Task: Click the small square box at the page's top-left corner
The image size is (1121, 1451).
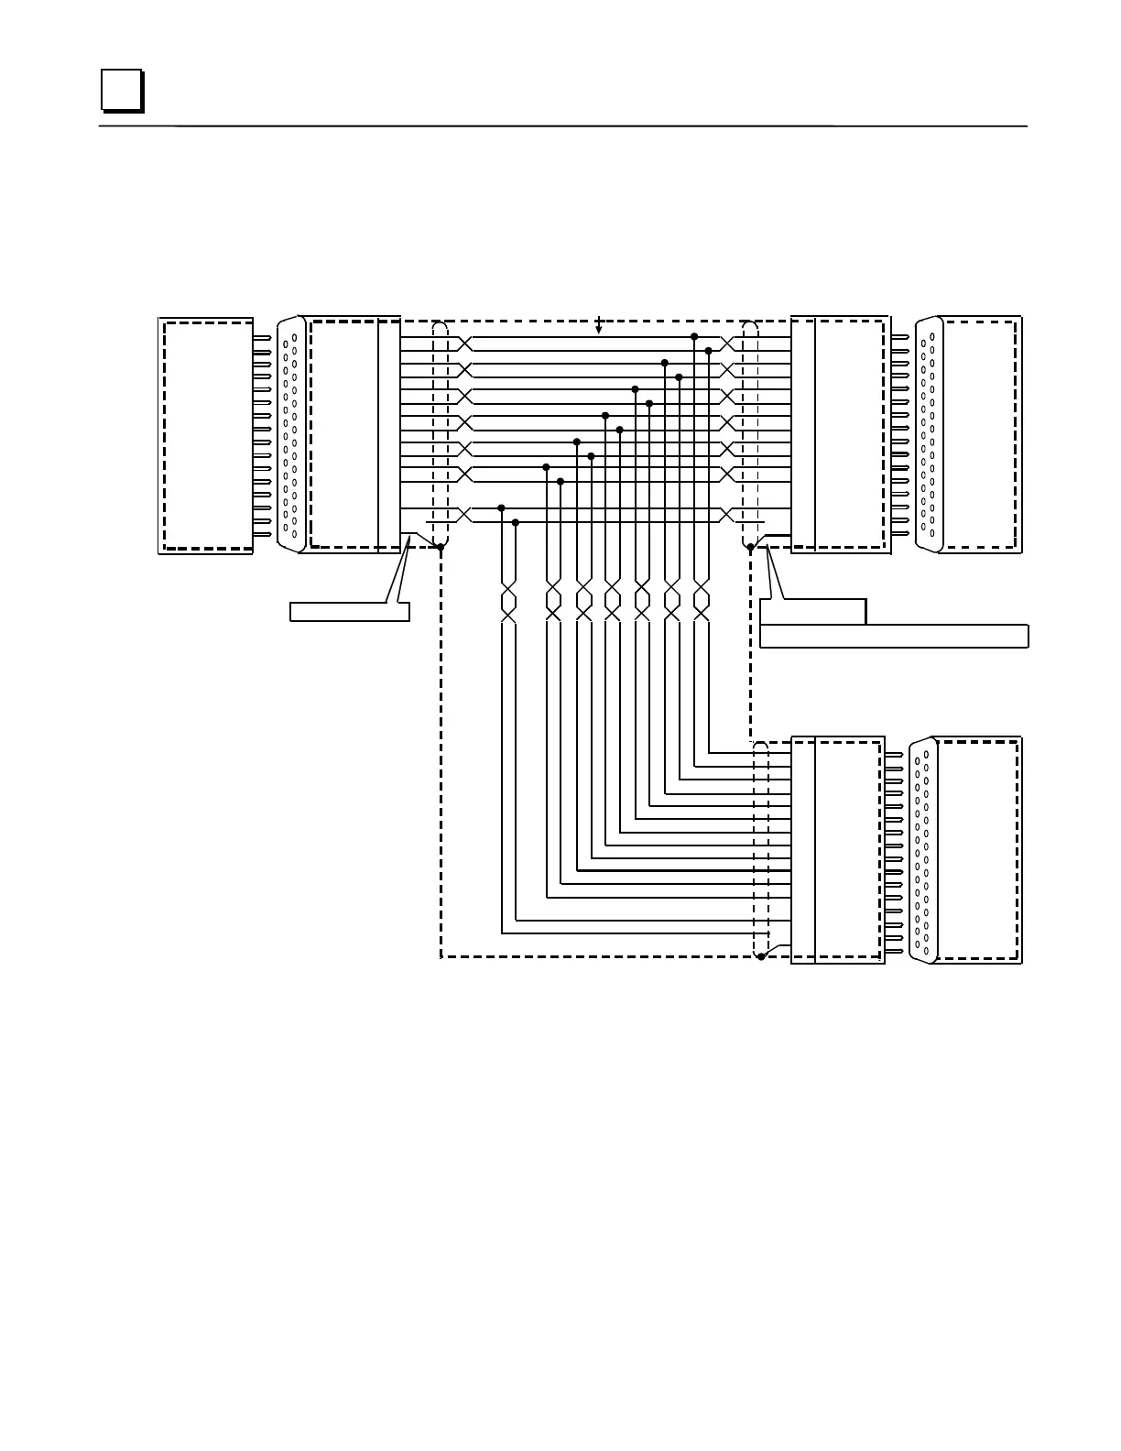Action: click(121, 90)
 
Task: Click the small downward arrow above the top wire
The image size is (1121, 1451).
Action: click(599, 327)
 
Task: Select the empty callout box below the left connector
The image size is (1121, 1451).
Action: click(349, 611)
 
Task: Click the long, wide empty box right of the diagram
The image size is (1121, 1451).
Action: click(894, 636)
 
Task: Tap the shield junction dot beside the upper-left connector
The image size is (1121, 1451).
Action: click(441, 547)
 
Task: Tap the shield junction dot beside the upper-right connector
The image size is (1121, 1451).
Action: click(750, 547)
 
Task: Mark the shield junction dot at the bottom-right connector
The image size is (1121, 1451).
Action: click(761, 956)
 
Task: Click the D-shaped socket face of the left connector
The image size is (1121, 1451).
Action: click(291, 434)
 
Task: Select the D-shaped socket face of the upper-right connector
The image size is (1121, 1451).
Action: click(929, 434)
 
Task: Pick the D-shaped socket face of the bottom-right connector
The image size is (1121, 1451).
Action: click(923, 850)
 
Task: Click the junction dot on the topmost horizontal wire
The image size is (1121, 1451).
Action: click(694, 337)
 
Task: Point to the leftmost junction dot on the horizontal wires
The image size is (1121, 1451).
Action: click(501, 507)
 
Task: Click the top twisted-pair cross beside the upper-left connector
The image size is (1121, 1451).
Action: click(464, 344)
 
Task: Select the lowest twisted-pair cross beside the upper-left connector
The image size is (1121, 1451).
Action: click(464, 515)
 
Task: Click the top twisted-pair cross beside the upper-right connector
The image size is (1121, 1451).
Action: click(728, 344)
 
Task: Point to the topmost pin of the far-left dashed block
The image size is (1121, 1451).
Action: click(262, 338)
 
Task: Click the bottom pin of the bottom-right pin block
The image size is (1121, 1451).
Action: click(894, 951)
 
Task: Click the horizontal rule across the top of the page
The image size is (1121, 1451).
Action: click(562, 126)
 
